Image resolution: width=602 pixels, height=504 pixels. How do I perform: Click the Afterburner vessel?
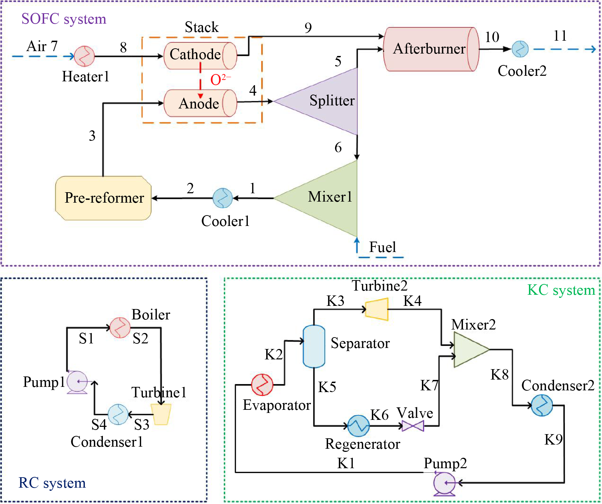coord(431,49)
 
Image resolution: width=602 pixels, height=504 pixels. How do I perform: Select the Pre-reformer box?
coord(103,198)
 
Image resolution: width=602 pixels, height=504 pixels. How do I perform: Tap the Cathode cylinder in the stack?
coord(200,56)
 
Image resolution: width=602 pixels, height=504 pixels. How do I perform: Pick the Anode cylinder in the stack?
coord(200,103)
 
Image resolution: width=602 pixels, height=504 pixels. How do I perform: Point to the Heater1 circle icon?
coord(84,56)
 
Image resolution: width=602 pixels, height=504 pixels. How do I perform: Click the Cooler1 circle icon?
coord(222,198)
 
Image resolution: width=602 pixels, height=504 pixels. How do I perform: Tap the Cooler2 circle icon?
coord(520,49)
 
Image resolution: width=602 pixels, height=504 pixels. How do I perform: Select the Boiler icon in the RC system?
coord(120,327)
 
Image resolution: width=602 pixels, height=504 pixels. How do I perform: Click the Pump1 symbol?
coord(77,382)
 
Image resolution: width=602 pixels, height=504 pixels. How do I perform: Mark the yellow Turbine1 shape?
coord(161,414)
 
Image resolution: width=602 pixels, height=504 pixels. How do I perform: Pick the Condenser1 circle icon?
coord(118,414)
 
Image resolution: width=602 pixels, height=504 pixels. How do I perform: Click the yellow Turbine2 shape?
coord(377,309)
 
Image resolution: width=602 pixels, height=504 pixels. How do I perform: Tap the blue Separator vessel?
coord(314,346)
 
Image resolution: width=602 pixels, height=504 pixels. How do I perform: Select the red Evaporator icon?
coord(262,385)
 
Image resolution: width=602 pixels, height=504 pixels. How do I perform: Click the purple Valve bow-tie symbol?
coord(413,425)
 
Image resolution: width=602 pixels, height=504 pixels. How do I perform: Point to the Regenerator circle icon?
coord(358,426)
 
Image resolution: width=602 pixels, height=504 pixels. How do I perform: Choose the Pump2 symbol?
coord(444,483)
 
